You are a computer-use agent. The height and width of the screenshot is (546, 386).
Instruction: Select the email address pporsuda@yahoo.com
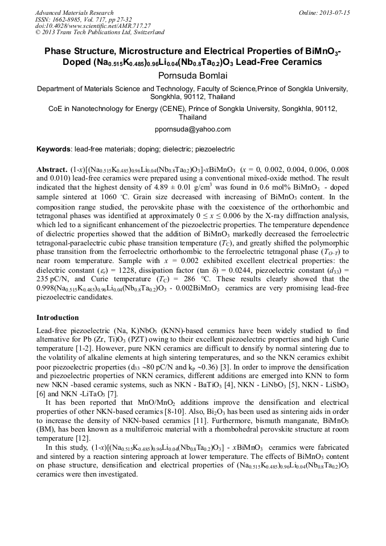pos(193,129)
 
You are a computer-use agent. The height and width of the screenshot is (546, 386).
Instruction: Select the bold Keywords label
pos(54,149)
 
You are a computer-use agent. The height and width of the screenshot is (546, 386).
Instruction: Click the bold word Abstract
pos(52,170)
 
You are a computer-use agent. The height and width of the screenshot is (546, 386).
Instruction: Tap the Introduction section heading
pos(58,317)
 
